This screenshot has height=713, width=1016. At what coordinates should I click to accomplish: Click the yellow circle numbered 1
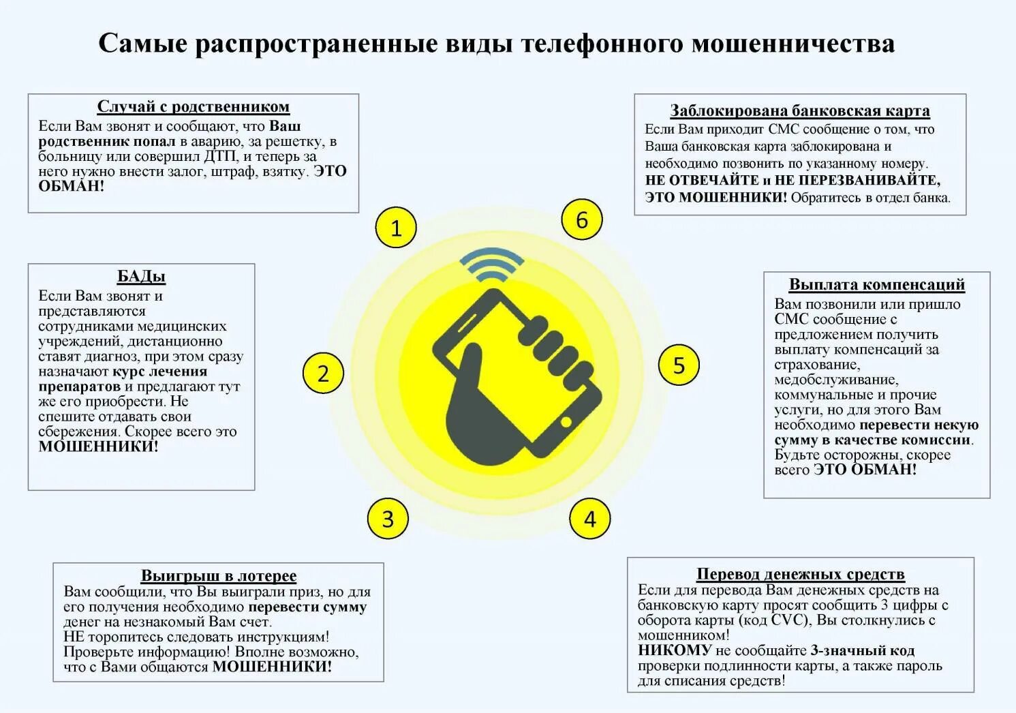[396, 228]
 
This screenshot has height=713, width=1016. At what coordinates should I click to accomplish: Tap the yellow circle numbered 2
[323, 373]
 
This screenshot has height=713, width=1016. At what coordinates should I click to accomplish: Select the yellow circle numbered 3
[388, 519]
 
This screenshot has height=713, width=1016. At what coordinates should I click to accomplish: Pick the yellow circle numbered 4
[590, 519]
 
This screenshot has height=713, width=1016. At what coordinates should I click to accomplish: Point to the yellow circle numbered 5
[679, 365]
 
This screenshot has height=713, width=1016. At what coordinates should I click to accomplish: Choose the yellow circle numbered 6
[582, 220]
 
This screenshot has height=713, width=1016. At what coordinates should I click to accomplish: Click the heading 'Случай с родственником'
[194, 107]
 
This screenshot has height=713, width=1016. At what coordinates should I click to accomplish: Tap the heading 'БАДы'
[141, 276]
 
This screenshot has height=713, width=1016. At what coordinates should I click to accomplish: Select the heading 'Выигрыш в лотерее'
[219, 576]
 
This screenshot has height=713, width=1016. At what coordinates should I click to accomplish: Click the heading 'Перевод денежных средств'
[801, 574]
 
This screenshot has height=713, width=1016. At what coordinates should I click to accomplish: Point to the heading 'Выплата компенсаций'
[877, 284]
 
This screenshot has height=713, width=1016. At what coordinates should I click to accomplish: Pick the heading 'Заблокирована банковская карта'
[800, 110]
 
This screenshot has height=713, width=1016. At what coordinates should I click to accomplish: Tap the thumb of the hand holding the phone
[469, 368]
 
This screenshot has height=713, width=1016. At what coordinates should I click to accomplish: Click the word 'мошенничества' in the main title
[793, 44]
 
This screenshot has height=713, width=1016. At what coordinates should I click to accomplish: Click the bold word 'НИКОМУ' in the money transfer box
[675, 650]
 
